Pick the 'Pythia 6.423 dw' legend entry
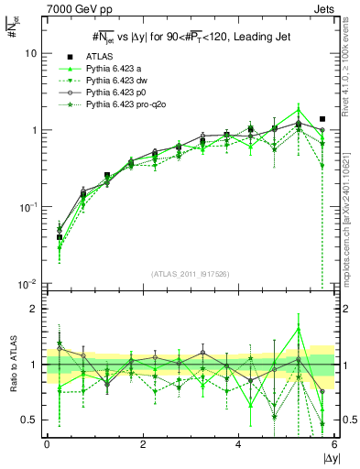click(x=123, y=82)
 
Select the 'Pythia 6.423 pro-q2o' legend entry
click(x=132, y=106)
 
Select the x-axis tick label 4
click(x=238, y=444)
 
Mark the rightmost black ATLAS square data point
click(x=322, y=119)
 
